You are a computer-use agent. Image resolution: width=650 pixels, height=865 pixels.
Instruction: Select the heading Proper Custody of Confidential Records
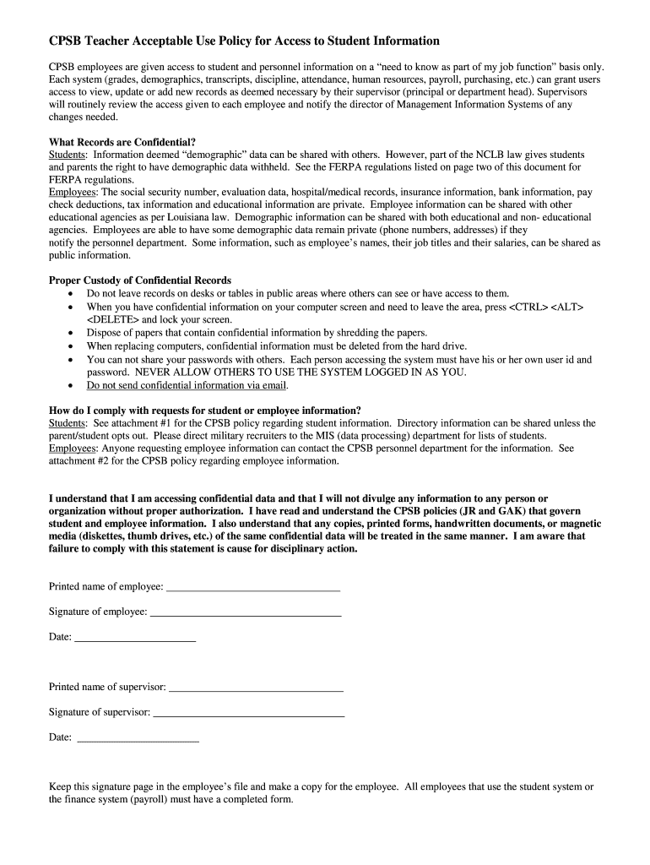tap(140, 280)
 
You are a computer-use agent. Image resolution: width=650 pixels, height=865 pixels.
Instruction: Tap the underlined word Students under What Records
tap(68, 155)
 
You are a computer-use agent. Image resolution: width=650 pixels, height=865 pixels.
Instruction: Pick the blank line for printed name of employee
tap(253, 586)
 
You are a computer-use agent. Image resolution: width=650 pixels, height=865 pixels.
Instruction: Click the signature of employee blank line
tap(246, 612)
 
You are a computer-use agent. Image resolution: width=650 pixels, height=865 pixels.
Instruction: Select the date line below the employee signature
tap(135, 637)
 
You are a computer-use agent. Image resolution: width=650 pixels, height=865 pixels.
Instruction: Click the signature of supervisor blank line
tap(248, 712)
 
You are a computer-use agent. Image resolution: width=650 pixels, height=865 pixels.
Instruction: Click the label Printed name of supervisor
tap(107, 687)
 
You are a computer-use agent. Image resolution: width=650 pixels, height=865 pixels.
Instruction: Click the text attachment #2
tap(78, 461)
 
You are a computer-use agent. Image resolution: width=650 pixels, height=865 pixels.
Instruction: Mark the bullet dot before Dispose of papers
tap(70, 333)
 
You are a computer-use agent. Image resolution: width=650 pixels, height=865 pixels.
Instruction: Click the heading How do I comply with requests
tap(205, 410)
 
